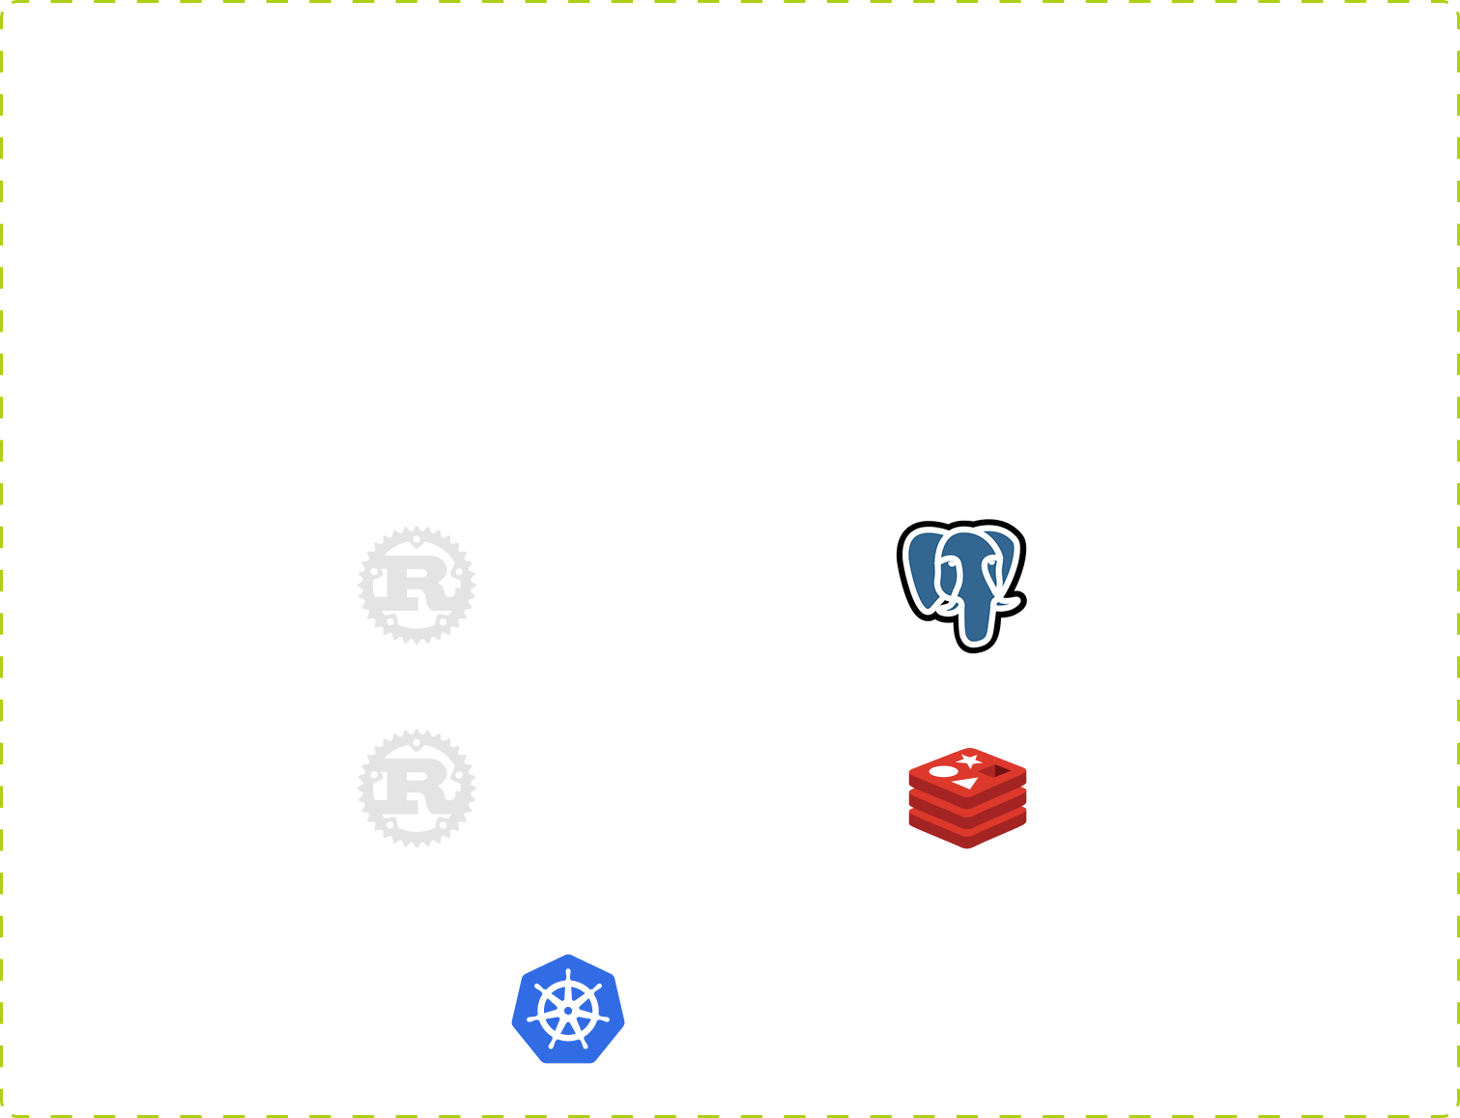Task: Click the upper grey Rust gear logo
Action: [x=416, y=586]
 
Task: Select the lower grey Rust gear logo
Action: [x=416, y=788]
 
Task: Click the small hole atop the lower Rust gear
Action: [x=416, y=743]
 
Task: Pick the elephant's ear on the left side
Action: [x=923, y=570]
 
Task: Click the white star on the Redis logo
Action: [x=968, y=761]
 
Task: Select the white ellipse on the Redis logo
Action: [x=943, y=771]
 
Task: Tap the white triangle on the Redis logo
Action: [x=966, y=784]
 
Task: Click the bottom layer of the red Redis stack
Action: [x=967, y=830]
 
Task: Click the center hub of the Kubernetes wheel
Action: [x=568, y=1011]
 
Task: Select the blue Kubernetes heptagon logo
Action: [x=568, y=1009]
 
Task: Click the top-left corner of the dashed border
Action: [x=2, y=2]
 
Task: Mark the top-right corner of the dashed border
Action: [x=1457, y=2]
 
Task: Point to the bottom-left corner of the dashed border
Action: [x=2, y=1115]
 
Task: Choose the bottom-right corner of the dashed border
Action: [x=1457, y=1115]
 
